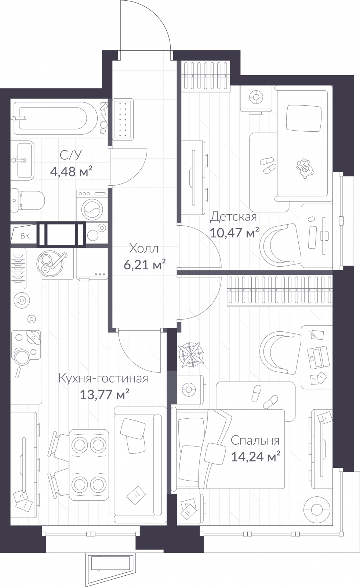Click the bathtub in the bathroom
tap(51, 119)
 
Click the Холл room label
tap(144, 249)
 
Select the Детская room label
tap(233, 217)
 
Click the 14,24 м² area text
tap(256, 457)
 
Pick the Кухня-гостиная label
tap(103, 378)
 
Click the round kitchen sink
tap(51, 263)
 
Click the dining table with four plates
tap(89, 464)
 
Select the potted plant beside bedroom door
tap(191, 354)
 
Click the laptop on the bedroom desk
tap(318, 357)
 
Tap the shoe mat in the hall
tap(123, 119)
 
